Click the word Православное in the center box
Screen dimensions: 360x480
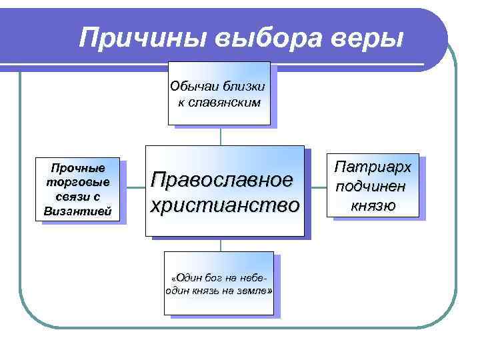[x=221, y=179]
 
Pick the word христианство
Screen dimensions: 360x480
[x=224, y=205]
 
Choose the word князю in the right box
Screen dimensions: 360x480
[x=373, y=204]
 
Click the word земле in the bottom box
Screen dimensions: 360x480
[x=254, y=292]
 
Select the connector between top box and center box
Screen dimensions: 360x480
[x=220, y=136]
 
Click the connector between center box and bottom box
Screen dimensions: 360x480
[x=220, y=244]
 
